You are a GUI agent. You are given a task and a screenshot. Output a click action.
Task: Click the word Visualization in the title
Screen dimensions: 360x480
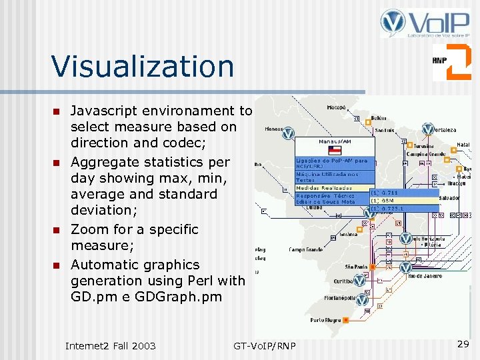pos(143,66)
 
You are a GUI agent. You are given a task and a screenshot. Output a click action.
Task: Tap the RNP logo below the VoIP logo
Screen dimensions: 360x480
pos(451,61)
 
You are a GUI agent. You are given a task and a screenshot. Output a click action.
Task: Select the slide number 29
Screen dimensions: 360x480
pos(463,343)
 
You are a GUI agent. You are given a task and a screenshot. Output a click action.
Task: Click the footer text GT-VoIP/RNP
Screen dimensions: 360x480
pos(265,345)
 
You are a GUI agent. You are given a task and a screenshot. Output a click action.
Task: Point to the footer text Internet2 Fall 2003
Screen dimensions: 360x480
pos(110,345)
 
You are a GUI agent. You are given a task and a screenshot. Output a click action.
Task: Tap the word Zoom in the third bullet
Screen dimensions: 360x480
pos(88,229)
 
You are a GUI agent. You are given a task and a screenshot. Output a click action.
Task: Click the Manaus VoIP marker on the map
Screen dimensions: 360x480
pos(288,133)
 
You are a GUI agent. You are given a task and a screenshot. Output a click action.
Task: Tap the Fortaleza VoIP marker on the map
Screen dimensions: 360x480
pos(427,130)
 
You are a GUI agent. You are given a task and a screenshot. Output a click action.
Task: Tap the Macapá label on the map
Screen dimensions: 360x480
pos(336,107)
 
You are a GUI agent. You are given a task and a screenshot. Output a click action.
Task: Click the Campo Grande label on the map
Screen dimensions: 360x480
pos(305,249)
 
